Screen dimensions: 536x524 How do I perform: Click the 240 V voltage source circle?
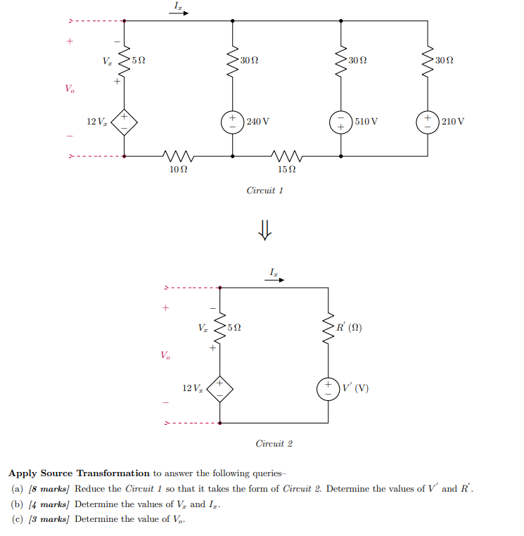(x=233, y=121)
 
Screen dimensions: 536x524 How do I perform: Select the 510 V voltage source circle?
(x=341, y=121)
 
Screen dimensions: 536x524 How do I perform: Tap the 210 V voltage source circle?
(x=428, y=121)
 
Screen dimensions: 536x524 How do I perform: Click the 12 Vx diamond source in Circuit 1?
(x=124, y=121)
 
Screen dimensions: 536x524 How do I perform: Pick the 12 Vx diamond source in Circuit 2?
(x=220, y=388)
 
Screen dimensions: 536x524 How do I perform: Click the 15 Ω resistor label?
(x=286, y=169)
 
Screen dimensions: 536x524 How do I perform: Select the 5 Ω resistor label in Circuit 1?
(x=139, y=61)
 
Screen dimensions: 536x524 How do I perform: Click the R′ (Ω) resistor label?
(x=350, y=328)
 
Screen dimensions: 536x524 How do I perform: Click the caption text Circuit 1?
(x=264, y=191)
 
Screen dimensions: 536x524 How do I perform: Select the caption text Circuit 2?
(x=274, y=444)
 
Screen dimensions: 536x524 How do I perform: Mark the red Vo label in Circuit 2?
(x=165, y=355)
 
